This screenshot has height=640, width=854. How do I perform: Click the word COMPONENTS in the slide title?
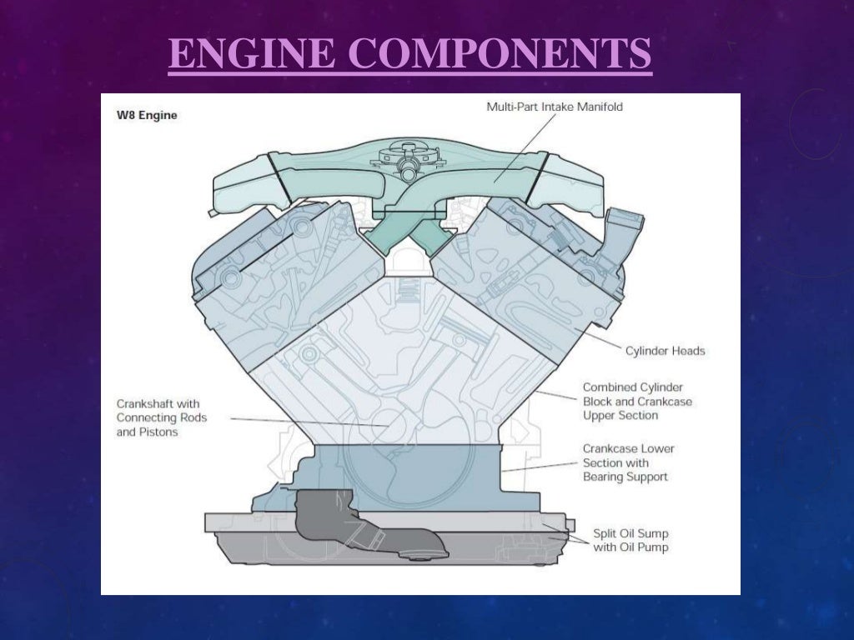click(x=493, y=54)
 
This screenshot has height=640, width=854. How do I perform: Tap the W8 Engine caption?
click(x=146, y=115)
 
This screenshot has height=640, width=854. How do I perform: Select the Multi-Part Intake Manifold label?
click(x=555, y=107)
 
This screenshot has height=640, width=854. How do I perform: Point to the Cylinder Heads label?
click(x=665, y=351)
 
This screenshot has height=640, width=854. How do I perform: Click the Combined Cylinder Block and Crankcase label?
click(x=636, y=401)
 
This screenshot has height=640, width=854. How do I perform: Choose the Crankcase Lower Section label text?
click(x=628, y=462)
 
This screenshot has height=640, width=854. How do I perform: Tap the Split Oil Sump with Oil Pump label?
click(x=630, y=540)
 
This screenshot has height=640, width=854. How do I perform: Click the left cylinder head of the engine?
click(x=250, y=275)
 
